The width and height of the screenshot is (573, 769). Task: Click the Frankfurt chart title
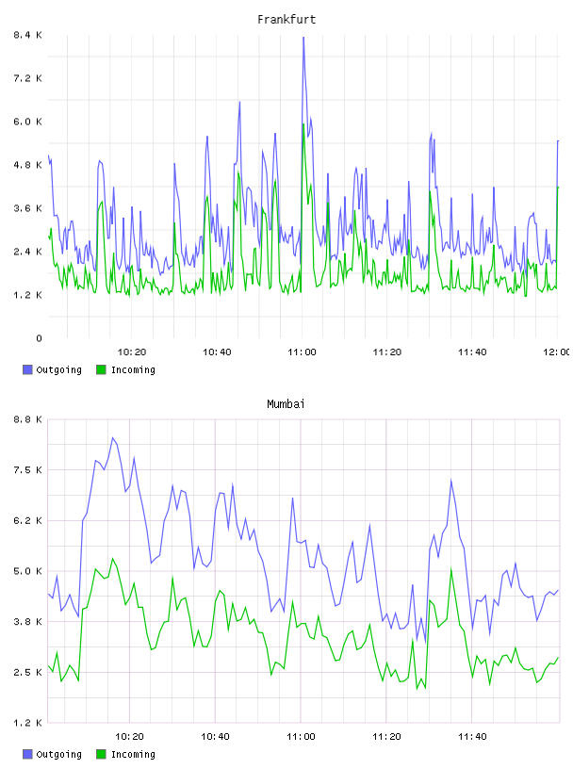[286, 20]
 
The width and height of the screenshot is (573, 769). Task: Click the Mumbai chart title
[286, 404]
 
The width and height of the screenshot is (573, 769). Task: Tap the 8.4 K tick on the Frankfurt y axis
[27, 35]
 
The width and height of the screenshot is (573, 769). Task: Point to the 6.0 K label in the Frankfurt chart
[27, 122]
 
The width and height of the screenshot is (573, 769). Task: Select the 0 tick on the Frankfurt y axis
[39, 338]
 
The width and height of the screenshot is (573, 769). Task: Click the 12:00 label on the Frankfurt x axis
[556, 352]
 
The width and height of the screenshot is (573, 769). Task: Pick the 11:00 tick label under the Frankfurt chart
[302, 352]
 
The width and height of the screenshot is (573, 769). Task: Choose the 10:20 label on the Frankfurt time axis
[132, 352]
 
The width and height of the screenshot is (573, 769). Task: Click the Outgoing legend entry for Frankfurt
[52, 369]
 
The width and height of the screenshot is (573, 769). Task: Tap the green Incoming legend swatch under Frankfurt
[101, 369]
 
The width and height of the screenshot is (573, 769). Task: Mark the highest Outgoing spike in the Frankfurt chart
[303, 38]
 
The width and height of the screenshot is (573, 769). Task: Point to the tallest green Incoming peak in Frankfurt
[303, 124]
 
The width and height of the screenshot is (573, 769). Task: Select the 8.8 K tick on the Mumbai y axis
[27, 419]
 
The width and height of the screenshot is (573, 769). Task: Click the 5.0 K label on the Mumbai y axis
[27, 571]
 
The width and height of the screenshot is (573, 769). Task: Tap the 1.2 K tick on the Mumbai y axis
[27, 723]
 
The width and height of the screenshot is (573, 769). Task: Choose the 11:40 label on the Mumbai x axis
[472, 737]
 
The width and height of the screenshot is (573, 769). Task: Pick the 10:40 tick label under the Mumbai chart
[216, 737]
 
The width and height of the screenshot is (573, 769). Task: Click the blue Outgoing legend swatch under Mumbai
[27, 754]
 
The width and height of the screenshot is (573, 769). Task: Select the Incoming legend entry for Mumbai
[125, 754]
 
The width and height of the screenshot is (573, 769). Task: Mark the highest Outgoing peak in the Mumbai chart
[112, 438]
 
